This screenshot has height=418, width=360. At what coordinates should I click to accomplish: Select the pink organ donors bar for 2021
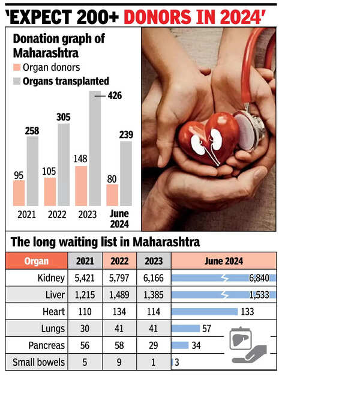(19, 193)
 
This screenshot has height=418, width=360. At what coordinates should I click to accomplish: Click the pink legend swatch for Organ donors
(16, 68)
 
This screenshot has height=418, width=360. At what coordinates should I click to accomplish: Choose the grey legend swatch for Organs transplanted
(16, 81)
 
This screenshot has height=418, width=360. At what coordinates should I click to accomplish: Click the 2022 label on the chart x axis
(58, 214)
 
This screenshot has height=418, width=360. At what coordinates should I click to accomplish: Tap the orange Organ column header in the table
(37, 261)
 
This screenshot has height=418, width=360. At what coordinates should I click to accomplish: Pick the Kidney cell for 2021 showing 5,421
(83, 278)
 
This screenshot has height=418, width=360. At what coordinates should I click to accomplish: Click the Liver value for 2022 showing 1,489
(119, 295)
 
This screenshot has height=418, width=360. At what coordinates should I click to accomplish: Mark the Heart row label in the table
(53, 312)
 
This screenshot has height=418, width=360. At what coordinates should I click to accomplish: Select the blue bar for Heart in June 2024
(205, 312)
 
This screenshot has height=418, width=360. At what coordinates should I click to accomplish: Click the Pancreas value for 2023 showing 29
(154, 345)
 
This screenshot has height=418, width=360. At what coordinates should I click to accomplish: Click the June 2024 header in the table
(223, 261)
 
